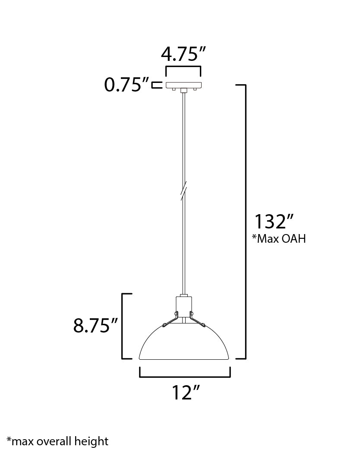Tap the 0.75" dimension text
(x=126, y=85)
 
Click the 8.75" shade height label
(x=95, y=326)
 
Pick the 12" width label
(x=186, y=393)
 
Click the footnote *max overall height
(x=57, y=441)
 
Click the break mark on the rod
(x=184, y=190)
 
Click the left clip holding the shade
(x=171, y=319)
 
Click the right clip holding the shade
(x=197, y=319)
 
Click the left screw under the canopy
(x=173, y=89)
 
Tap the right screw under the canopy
(x=195, y=89)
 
